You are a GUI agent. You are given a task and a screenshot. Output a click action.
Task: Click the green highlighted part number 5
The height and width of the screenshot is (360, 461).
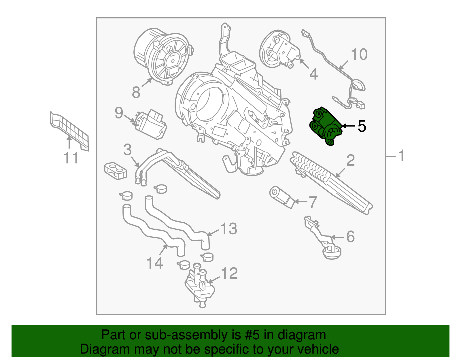point(325,126)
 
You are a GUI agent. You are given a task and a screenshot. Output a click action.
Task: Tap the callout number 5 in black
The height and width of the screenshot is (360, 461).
point(362,126)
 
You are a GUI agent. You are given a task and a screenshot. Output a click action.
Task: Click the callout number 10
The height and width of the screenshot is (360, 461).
point(359,54)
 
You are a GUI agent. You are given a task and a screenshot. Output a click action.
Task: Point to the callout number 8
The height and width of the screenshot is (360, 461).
point(136,93)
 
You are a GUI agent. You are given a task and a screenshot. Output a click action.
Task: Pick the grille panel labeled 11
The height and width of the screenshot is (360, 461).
point(69,130)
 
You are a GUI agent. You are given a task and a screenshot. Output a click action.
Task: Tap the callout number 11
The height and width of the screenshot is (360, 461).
point(71,158)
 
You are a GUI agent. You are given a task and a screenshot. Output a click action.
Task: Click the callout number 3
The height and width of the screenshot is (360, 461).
point(127,150)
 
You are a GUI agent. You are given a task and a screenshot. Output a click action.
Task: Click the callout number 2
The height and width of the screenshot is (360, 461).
point(350,161)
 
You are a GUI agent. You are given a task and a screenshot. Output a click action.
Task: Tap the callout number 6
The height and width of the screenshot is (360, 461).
point(350,237)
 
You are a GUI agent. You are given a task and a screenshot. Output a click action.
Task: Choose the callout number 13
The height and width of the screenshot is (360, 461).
point(229,229)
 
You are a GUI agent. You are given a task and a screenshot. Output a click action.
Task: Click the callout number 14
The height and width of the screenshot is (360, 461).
point(155,263)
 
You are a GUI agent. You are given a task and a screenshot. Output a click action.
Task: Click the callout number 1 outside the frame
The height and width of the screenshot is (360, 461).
point(401,156)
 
